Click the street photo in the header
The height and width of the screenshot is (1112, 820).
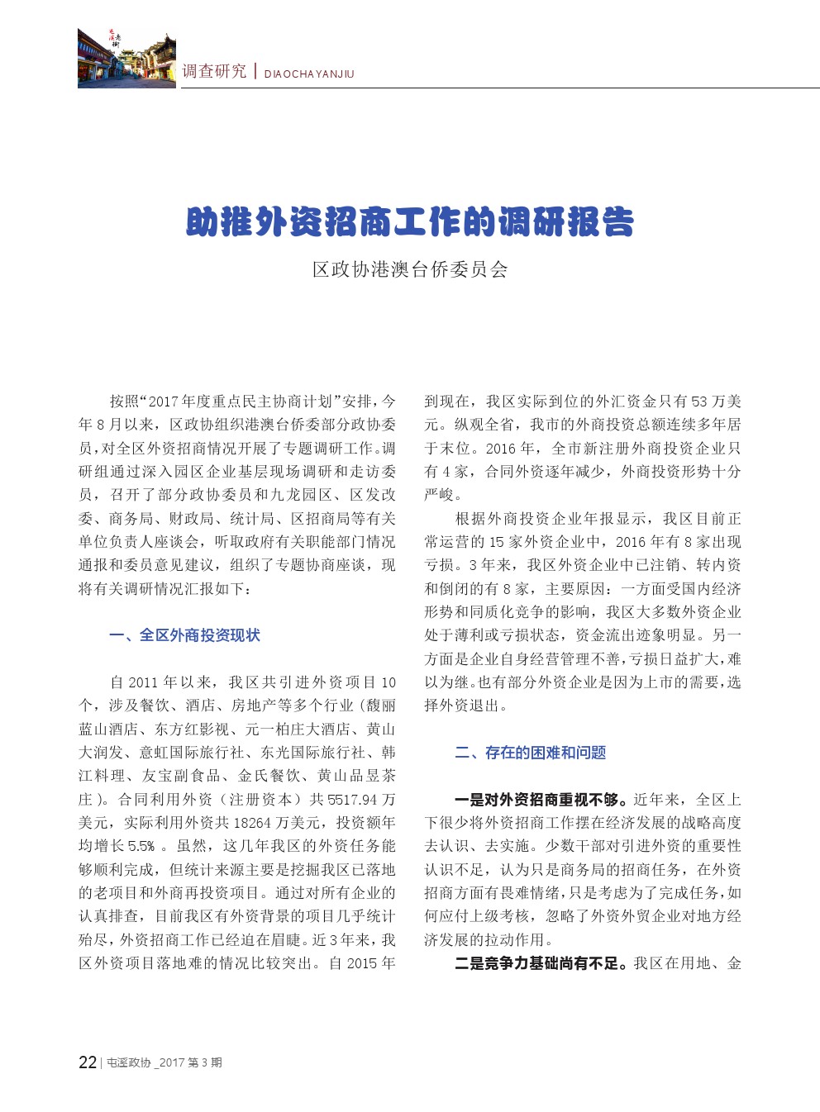click(x=126, y=58)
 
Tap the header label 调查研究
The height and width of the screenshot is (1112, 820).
click(x=214, y=71)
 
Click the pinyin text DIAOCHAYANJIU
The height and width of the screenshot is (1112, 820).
click(x=309, y=74)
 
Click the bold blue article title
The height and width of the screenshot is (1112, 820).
click(x=410, y=221)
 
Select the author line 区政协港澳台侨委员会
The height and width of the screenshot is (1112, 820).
click(x=410, y=269)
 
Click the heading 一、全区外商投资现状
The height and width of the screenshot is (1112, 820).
click(x=184, y=635)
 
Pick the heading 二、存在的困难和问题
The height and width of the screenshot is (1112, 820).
click(x=530, y=753)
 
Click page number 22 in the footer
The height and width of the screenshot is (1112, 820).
click(x=87, y=1062)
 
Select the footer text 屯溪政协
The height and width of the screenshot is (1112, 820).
click(x=129, y=1063)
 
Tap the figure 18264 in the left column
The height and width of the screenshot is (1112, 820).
click(x=253, y=823)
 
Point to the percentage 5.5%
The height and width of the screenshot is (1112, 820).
click(x=141, y=846)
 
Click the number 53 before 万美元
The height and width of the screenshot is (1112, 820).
click(x=699, y=402)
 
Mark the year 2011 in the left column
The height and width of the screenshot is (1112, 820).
click(x=143, y=682)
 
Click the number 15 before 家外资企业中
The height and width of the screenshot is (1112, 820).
click(x=496, y=542)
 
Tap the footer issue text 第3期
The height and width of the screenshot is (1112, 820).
click(x=205, y=1063)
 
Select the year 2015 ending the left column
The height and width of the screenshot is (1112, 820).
click(x=361, y=963)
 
